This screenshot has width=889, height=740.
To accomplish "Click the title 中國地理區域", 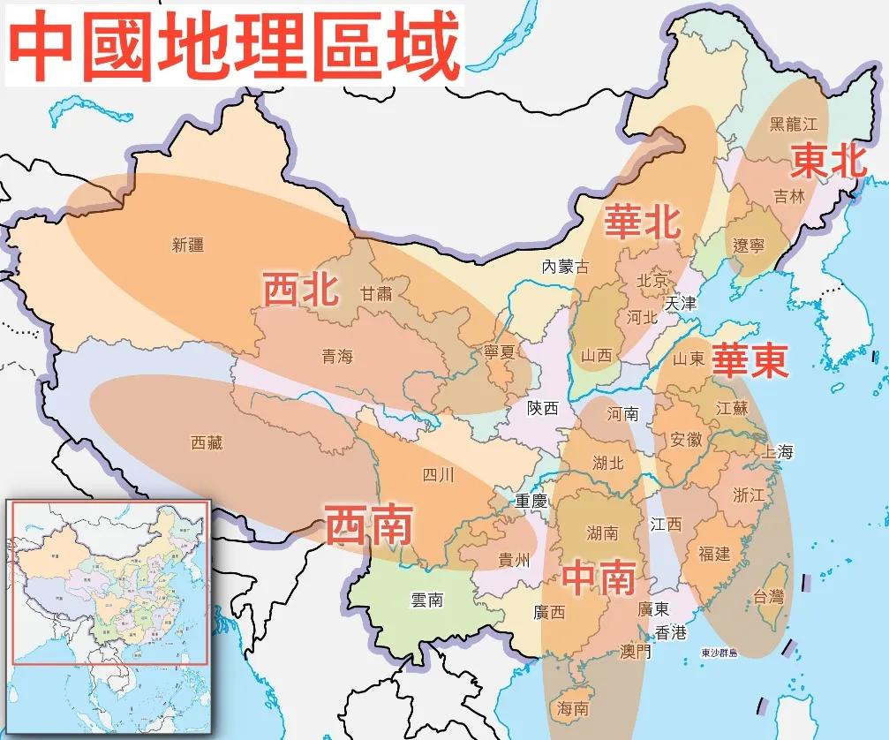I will coord(235,44).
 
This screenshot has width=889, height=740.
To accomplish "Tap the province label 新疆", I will coord(188,245).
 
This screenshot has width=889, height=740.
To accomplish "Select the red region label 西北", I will coord(302,289).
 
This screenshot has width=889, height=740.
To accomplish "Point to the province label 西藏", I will coord(207,443).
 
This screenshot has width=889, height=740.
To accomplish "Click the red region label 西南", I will coord(369,525).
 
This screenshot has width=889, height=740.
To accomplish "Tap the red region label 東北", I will coord(828,161).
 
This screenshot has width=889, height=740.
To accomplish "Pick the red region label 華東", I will coord(750,360).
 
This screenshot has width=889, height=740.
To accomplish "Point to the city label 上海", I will coord(778,451).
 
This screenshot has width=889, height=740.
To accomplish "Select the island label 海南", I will coord(573,708).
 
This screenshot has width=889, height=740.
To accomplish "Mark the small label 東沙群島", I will coord(724,653).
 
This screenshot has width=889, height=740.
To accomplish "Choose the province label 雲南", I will coord(426,600).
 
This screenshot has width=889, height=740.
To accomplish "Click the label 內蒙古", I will coord(565,266).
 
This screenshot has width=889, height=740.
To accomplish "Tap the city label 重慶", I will coord(532,500).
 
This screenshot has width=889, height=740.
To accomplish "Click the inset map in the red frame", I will coord(107,582).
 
